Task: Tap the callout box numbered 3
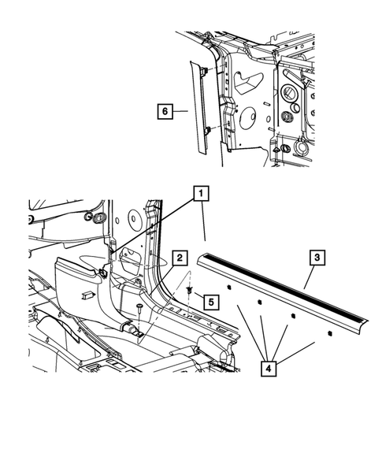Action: (315, 258)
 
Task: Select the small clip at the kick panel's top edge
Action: (103, 273)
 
